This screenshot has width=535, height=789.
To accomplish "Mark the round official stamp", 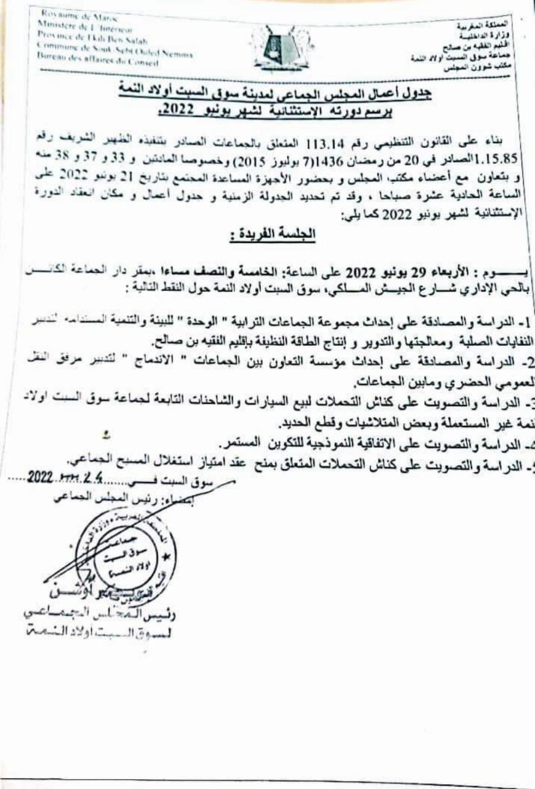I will click(x=128, y=553).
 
